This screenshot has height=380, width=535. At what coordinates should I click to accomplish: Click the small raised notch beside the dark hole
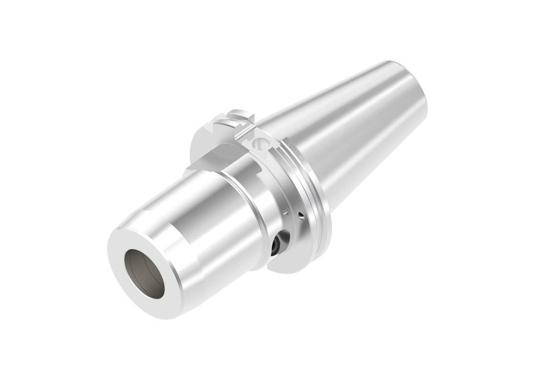(x=285, y=213)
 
